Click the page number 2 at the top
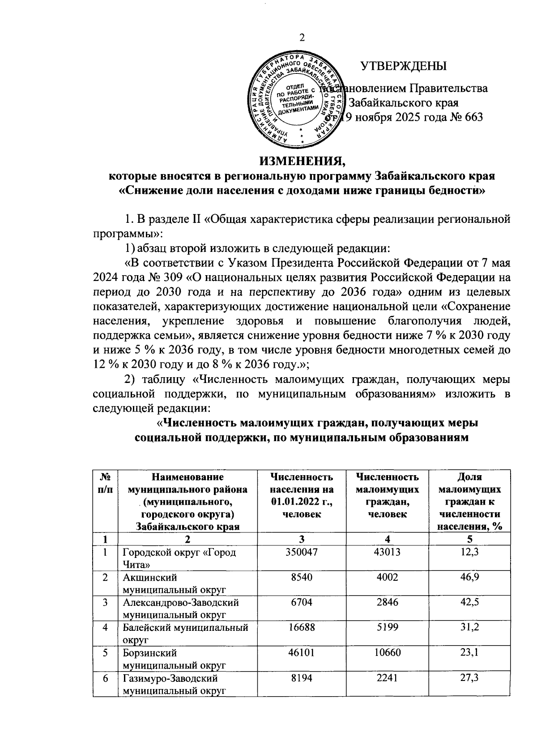click(302, 38)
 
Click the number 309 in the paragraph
click(169, 277)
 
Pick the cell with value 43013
click(387, 552)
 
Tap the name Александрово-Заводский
click(181, 602)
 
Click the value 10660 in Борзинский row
click(387, 652)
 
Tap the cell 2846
click(387, 602)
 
